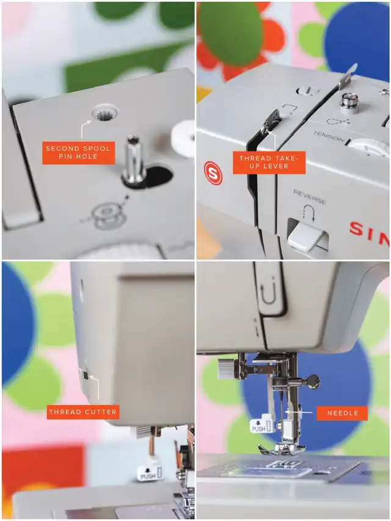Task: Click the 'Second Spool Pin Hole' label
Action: (78, 153)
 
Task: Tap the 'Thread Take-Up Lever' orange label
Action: (269, 162)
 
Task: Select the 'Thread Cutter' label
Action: (83, 412)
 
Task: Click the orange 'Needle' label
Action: (343, 414)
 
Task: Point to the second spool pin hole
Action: (104, 115)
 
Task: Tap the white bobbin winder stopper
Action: (183, 139)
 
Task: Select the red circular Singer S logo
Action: (213, 173)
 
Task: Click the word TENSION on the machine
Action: (328, 136)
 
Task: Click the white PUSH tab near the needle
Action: (262, 423)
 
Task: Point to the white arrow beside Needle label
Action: (299, 412)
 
